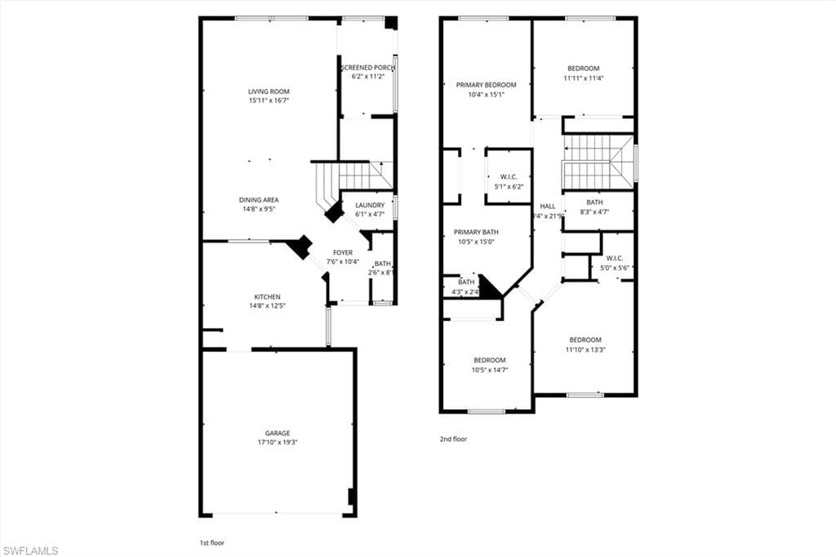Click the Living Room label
coord(269,91)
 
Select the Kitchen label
coord(267,296)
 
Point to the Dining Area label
coord(259,200)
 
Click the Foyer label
coord(343,252)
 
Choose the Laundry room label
coord(370,205)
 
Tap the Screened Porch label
coord(367,68)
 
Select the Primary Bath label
coord(474,232)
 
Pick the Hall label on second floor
coord(547,206)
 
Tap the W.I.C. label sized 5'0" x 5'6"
coord(615,258)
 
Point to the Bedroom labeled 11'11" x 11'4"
coord(583,69)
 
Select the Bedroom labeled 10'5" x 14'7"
coord(489,360)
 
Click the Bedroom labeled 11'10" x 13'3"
coord(585,340)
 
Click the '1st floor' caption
coord(211,542)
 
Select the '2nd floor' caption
coord(453,439)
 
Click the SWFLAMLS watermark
coord(30,550)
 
